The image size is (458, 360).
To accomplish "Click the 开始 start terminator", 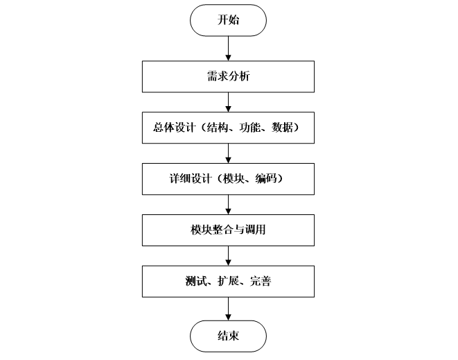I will (229, 20).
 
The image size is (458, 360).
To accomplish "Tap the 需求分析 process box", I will (229, 77).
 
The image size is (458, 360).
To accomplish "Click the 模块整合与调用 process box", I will (229, 230).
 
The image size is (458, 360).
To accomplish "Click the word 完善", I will (259, 281).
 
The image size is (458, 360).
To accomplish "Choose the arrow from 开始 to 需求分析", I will (229, 49).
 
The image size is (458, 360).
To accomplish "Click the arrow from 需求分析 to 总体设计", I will (229, 102).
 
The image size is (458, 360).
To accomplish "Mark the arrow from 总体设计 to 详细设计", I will (229, 153).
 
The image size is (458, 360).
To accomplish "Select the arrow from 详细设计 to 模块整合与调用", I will (229, 204).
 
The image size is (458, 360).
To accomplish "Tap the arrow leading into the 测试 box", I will (229, 255).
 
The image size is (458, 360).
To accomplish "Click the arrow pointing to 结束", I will (229, 309).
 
